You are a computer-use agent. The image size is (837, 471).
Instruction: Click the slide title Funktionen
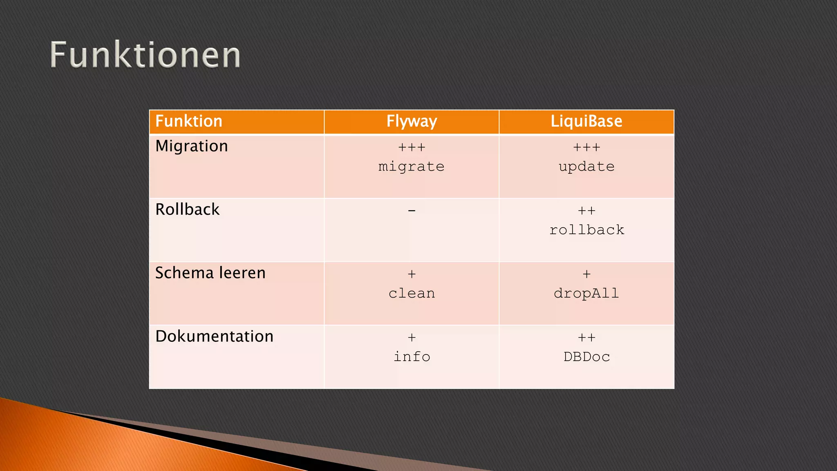click(x=145, y=55)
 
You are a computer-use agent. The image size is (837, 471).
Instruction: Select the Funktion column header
click(x=189, y=121)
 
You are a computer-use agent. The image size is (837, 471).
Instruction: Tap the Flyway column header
click(x=412, y=121)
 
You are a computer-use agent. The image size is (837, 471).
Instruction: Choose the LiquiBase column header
click(x=586, y=121)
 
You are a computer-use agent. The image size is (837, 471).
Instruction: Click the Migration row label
click(x=192, y=146)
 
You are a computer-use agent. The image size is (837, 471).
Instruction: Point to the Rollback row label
click(x=188, y=210)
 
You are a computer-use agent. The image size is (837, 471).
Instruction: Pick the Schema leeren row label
click(x=210, y=273)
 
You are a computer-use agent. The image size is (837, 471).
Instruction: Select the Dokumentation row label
click(x=215, y=336)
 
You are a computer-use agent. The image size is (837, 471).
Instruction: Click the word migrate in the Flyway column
click(x=412, y=167)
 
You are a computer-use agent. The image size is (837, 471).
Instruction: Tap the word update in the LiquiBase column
click(x=586, y=167)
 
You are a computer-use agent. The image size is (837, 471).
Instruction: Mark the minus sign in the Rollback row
click(x=412, y=211)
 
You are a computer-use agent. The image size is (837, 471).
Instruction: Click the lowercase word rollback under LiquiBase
click(x=587, y=230)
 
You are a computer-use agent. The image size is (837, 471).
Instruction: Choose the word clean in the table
click(x=412, y=294)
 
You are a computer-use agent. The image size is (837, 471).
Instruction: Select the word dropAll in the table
click(x=586, y=294)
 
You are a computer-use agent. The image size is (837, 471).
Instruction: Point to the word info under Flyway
click(x=412, y=357)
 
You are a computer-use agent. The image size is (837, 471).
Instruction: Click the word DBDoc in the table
click(x=586, y=357)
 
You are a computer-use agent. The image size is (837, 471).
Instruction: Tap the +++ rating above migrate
click(x=412, y=147)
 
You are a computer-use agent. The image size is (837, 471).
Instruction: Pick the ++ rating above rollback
click(x=586, y=211)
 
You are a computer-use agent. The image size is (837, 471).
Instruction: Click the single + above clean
click(x=412, y=274)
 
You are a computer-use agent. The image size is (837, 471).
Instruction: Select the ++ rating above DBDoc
click(x=586, y=338)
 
